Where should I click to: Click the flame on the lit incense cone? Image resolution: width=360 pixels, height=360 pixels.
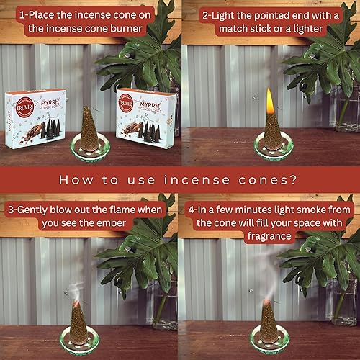(x=269, y=101)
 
